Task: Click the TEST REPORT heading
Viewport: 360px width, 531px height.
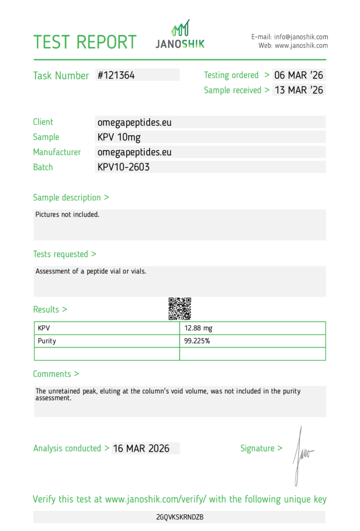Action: [85, 41]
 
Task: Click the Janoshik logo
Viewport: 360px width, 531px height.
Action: [181, 35]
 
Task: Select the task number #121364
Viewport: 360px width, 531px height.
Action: [116, 75]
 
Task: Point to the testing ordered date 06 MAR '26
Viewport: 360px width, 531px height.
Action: [299, 75]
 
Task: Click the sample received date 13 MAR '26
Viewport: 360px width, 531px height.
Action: [299, 90]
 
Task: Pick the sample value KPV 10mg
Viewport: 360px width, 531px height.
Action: [119, 137]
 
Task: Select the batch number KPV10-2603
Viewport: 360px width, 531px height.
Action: [123, 167]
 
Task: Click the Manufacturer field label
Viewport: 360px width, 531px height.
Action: [57, 152]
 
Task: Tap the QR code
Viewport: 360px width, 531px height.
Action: [180, 309]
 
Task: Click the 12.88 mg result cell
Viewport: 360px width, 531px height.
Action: [198, 328]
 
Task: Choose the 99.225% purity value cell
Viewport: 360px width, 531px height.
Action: [197, 341]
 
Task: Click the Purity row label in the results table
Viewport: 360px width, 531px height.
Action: [47, 341]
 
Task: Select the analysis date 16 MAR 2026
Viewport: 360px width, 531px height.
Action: [141, 449]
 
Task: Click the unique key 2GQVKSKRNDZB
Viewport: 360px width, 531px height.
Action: [179, 518]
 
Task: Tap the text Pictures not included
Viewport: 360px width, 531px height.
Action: [67, 215]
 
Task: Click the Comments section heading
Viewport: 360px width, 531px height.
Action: [56, 374]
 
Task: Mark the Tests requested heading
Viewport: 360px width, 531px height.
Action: [64, 254]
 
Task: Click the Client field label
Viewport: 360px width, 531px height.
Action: [43, 122]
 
